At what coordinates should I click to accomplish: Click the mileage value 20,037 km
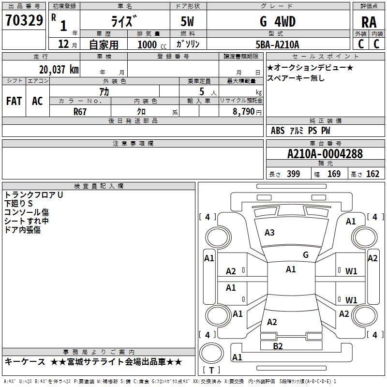[59, 69]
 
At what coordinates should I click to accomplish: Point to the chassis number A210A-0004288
[325, 154]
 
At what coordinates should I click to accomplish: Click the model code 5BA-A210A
[277, 45]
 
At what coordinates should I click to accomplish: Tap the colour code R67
[80, 112]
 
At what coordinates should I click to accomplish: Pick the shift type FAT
[14, 101]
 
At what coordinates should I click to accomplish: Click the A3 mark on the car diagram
[269, 233]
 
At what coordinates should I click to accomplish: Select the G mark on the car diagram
[305, 255]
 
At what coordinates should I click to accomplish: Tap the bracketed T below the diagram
[211, 370]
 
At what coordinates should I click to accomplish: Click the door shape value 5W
[188, 21]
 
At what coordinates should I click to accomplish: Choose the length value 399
[293, 174]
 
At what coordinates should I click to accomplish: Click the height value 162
[372, 174]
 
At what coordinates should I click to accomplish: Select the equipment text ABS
[278, 131]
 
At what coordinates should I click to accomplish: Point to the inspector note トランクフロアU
[34, 195]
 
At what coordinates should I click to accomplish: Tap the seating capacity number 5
[200, 91]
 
